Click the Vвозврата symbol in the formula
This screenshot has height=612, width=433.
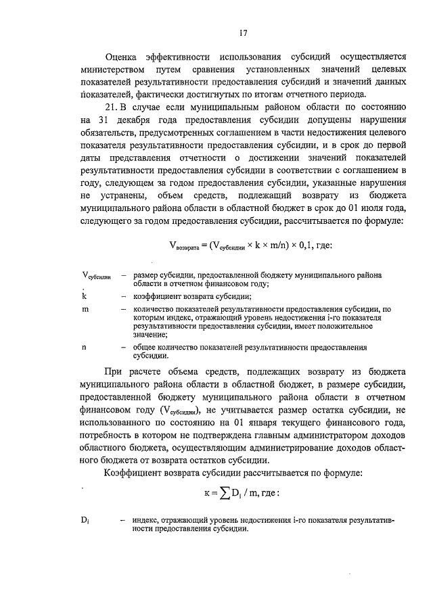click(183, 246)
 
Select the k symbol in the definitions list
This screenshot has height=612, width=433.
click(83, 296)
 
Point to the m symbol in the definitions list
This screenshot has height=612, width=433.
click(84, 308)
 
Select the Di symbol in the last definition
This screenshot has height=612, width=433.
click(85, 519)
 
